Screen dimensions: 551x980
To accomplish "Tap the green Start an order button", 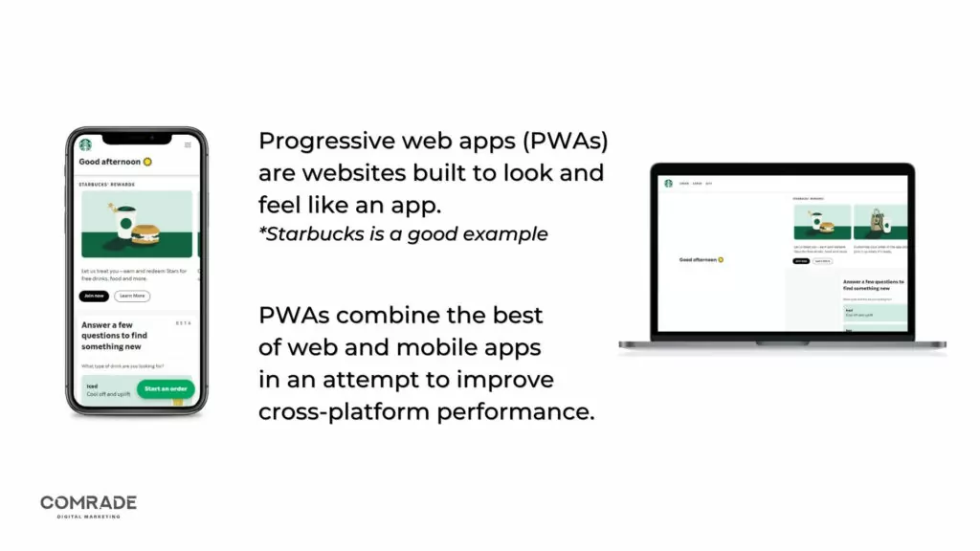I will click(x=166, y=388).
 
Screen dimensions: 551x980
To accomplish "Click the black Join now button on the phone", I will click(x=94, y=296).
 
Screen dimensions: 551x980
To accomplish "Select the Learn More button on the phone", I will click(x=132, y=296).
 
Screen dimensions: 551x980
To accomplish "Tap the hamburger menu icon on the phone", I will click(x=188, y=145).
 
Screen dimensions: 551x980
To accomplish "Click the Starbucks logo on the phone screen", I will click(x=85, y=145).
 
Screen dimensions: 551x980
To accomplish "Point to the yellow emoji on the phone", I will click(x=147, y=162).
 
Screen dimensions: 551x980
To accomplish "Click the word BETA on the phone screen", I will click(x=185, y=323).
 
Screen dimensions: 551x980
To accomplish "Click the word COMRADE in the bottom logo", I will click(x=88, y=502).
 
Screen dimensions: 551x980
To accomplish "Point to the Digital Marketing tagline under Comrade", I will click(x=88, y=517).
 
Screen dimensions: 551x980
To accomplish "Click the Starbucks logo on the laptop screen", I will click(x=668, y=183).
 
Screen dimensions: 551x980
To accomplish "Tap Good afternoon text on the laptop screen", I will click(x=698, y=259).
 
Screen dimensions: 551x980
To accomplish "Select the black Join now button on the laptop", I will click(x=800, y=260).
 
